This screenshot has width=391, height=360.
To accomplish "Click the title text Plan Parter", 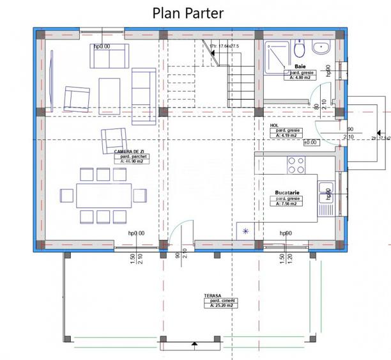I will [x=187, y=13].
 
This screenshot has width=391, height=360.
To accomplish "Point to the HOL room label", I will [x=275, y=125].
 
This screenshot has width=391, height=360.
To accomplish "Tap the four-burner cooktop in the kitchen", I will [x=296, y=166].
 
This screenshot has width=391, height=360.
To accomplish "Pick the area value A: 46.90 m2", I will [x=132, y=162].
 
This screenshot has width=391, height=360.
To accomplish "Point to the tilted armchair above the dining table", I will [x=113, y=141].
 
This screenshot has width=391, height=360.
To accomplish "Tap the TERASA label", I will [x=213, y=295].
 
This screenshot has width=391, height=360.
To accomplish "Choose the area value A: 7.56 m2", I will [x=289, y=204].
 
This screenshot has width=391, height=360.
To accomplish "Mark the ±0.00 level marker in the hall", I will [x=310, y=142].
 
